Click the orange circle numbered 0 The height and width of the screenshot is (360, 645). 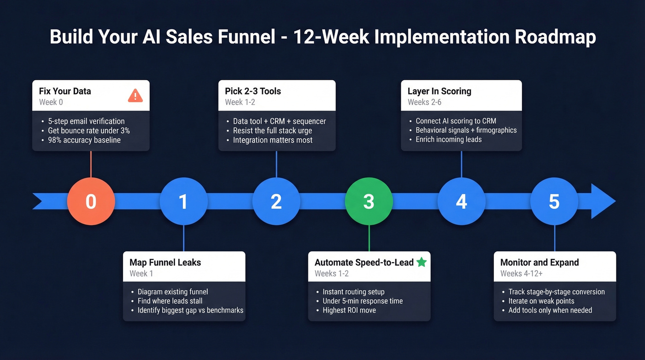[x=91, y=201]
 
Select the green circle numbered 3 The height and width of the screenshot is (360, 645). [x=369, y=201]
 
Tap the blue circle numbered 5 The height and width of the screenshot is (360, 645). [x=554, y=201]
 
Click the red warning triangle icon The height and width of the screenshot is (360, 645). [x=135, y=95]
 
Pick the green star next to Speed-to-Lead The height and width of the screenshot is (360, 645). [x=421, y=262]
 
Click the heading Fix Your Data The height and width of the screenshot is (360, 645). [x=65, y=91]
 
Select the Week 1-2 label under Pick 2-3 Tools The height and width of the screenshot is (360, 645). [x=240, y=102]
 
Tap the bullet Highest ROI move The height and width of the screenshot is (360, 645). [x=349, y=310]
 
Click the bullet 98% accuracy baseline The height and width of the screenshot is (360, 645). [x=84, y=140]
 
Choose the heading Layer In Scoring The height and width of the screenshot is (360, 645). [x=439, y=91]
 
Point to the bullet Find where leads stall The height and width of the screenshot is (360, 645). [x=170, y=301]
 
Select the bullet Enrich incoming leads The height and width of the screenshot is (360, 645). [x=448, y=139]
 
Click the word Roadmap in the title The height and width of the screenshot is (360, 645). [x=555, y=37]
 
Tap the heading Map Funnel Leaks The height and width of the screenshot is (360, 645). [x=165, y=262]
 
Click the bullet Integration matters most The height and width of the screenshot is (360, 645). [x=272, y=140]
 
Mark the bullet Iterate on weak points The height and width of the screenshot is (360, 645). [x=541, y=301]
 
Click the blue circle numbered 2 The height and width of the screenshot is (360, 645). [x=276, y=201]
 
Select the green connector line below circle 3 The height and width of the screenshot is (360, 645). [x=369, y=238]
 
